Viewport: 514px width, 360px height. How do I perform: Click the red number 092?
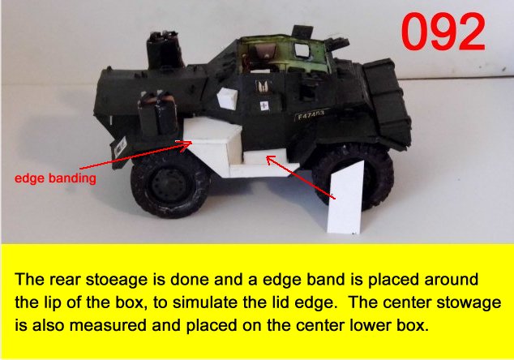click(443, 32)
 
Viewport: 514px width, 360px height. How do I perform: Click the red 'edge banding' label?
click(55, 178)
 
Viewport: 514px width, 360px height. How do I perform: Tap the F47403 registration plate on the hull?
click(310, 115)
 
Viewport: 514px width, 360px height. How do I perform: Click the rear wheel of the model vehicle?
click(169, 186)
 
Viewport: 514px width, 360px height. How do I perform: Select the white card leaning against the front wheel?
click(346, 197)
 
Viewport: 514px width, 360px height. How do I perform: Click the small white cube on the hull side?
click(228, 98)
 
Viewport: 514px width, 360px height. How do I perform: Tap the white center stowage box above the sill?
click(266, 157)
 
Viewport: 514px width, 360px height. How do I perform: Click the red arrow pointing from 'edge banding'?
click(135, 155)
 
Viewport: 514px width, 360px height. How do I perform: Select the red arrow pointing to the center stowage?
click(301, 178)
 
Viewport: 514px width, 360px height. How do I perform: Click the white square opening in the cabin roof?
click(302, 50)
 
